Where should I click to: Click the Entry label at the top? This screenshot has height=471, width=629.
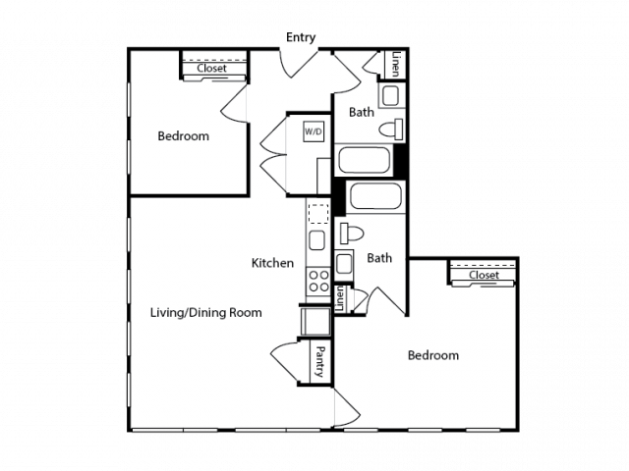point(301,37)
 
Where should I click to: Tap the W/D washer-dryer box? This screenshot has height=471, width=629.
point(314,131)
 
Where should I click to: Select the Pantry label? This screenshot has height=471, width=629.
point(320,362)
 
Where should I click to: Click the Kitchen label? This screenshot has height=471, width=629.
point(272,263)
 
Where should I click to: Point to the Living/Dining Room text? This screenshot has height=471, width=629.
point(205,312)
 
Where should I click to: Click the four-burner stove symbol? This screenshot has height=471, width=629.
point(318,281)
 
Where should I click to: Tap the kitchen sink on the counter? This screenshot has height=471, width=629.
point(316,240)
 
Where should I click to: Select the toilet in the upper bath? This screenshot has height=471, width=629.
point(391,130)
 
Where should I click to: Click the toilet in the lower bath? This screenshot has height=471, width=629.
point(352,234)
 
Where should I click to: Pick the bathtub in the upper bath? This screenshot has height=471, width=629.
point(365,160)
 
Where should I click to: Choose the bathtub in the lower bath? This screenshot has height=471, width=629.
point(375,196)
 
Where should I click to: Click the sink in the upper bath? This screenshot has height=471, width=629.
point(391,96)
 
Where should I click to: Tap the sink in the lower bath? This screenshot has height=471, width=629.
point(344,264)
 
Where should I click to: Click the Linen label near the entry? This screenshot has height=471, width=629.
point(396,64)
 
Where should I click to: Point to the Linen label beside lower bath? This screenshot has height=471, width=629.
point(340,298)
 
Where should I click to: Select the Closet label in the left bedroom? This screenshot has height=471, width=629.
point(211,69)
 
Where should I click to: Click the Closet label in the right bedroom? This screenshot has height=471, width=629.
point(484,275)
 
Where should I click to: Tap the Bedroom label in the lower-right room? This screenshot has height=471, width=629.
point(433,355)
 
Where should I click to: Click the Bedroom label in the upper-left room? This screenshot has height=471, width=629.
point(184,136)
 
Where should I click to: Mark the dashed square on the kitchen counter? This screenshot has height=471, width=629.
point(318,214)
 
